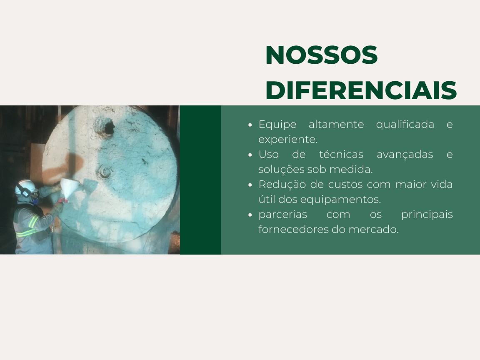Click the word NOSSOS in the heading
coord(321,55)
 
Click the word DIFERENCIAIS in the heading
coord(361,90)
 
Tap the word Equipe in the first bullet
coord(277,124)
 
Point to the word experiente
coord(288,139)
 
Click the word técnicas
coord(341,154)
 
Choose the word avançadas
coord(405,154)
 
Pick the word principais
coord(427,214)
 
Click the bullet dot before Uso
coord(250,155)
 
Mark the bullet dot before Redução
coord(250,185)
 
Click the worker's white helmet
coord(25,186)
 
